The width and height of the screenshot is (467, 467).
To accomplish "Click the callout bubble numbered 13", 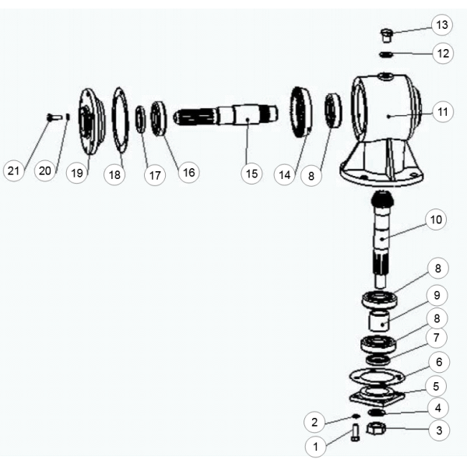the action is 441,25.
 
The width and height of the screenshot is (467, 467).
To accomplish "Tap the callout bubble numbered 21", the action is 13,170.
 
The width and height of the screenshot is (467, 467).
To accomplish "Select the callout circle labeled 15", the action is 251,173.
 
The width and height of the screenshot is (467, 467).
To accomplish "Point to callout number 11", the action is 443,111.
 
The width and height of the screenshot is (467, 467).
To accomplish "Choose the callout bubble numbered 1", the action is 315,446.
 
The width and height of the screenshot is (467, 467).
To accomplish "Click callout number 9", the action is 437,295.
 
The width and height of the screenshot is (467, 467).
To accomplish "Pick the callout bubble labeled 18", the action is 114,174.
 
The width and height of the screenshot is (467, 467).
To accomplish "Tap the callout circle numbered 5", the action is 436,386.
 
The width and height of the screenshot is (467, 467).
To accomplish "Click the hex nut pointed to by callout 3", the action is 376,429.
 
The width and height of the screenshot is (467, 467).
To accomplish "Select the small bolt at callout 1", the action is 355,432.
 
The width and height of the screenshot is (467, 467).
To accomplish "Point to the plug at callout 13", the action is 387,34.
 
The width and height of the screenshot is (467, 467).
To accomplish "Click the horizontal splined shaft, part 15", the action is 226,115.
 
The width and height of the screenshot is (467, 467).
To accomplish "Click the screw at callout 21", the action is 54,117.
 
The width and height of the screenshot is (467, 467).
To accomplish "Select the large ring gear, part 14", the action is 300,112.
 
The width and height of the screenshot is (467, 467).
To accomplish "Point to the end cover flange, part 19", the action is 91,121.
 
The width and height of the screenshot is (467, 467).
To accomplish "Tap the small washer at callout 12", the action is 386,54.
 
